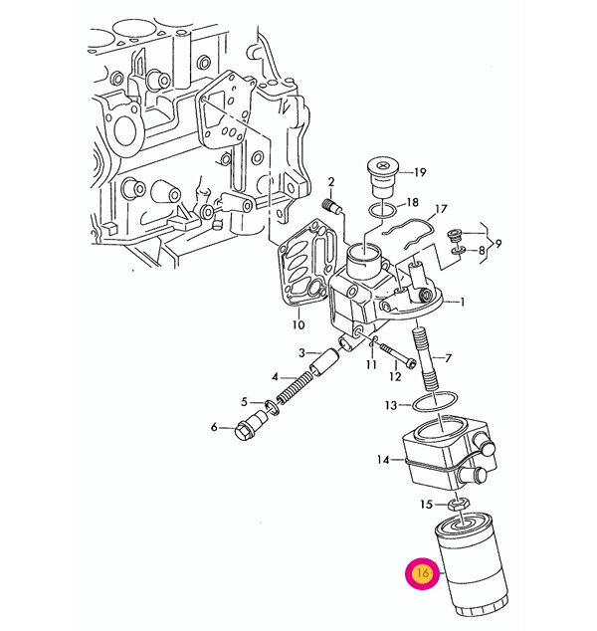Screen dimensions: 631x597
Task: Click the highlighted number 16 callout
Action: click(x=422, y=574)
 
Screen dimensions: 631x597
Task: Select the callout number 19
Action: click(x=420, y=172)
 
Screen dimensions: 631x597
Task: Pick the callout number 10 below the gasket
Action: click(x=298, y=324)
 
